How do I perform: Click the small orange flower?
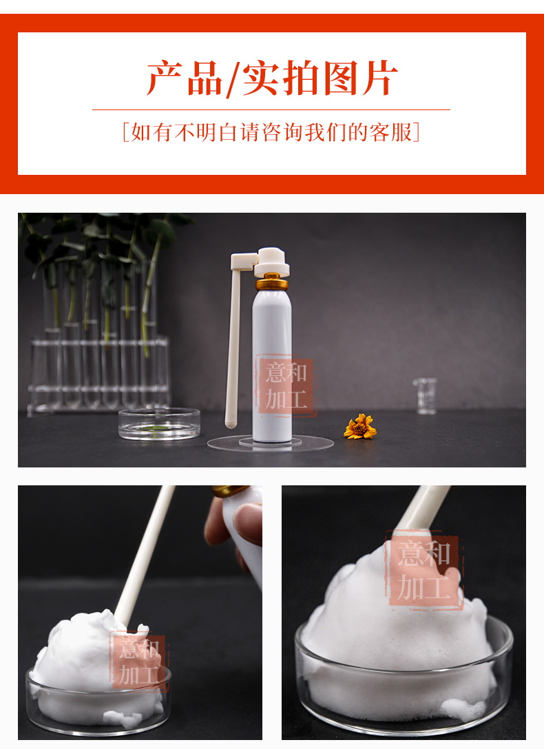pyautogui.click(x=360, y=427)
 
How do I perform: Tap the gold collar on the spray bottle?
pyautogui.click(x=272, y=282)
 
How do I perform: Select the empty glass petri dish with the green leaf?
pyautogui.click(x=159, y=423)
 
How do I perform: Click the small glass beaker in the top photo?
pyautogui.click(x=425, y=396)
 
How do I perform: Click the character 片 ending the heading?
pyautogui.click(x=379, y=78)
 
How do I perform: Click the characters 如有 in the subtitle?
pyautogui.click(x=151, y=132)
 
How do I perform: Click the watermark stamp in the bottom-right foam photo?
pyautogui.click(x=424, y=570)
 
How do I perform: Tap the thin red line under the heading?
pyautogui.click(x=271, y=110)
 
